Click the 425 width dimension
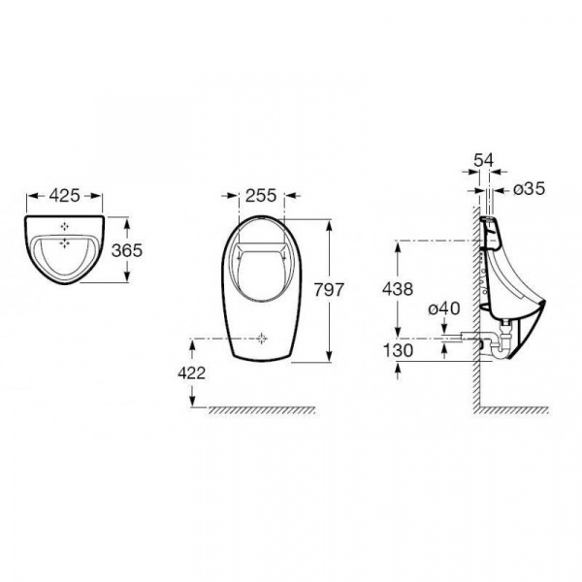65,196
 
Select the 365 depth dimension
127,250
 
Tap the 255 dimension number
261,196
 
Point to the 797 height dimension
329,289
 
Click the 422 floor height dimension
191,373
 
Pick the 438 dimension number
398,289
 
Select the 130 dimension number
398,350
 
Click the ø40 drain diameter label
444,308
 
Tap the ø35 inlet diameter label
530,189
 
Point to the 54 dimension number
484,160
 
